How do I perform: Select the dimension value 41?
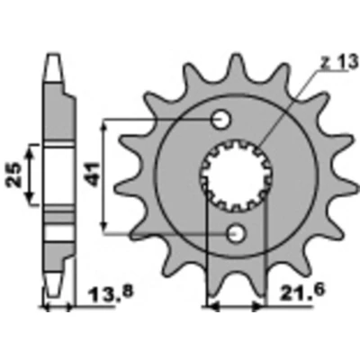tap(93, 174)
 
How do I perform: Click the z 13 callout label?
tap(339, 63)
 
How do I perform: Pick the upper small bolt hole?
tap(221, 120)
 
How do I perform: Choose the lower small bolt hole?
tap(237, 233)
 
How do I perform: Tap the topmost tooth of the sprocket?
tap(236, 65)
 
